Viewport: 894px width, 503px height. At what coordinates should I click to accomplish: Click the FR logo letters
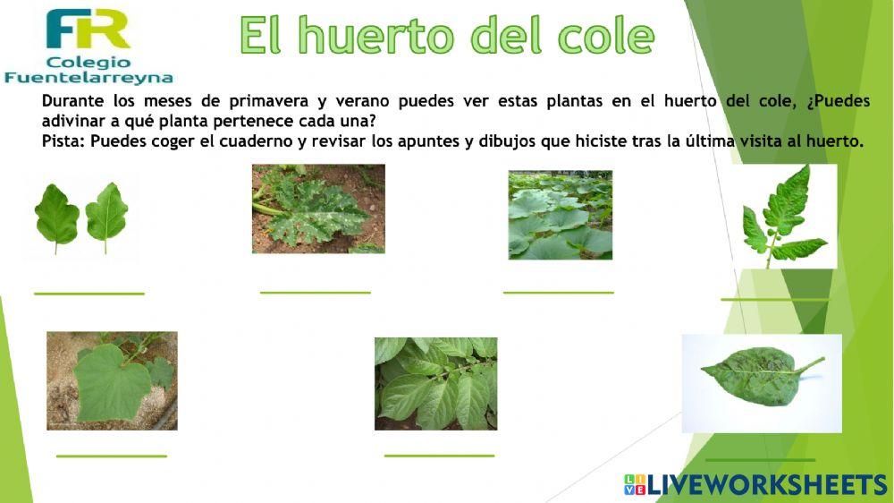click(88, 30)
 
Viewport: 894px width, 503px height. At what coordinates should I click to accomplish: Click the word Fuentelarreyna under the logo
click(89, 78)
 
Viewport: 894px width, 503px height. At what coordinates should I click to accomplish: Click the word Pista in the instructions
click(63, 141)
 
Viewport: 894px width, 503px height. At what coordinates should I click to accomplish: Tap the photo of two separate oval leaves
click(80, 217)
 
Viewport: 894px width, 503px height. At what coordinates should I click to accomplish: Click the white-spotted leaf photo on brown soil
click(318, 209)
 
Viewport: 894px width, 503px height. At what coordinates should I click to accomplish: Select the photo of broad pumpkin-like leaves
click(560, 215)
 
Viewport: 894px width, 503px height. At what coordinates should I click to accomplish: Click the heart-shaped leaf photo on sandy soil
click(112, 380)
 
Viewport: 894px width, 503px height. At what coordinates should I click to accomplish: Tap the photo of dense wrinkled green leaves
click(435, 383)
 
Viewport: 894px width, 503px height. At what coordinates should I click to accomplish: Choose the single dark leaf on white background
click(761, 383)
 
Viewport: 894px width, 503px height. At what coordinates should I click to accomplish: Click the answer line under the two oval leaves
click(89, 293)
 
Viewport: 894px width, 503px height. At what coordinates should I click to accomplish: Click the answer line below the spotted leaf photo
click(315, 292)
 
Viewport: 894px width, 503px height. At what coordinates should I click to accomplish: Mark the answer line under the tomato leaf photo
click(775, 299)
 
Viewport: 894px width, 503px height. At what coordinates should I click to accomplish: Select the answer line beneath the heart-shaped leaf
click(111, 456)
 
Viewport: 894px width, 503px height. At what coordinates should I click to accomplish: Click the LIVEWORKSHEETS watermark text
click(766, 485)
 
